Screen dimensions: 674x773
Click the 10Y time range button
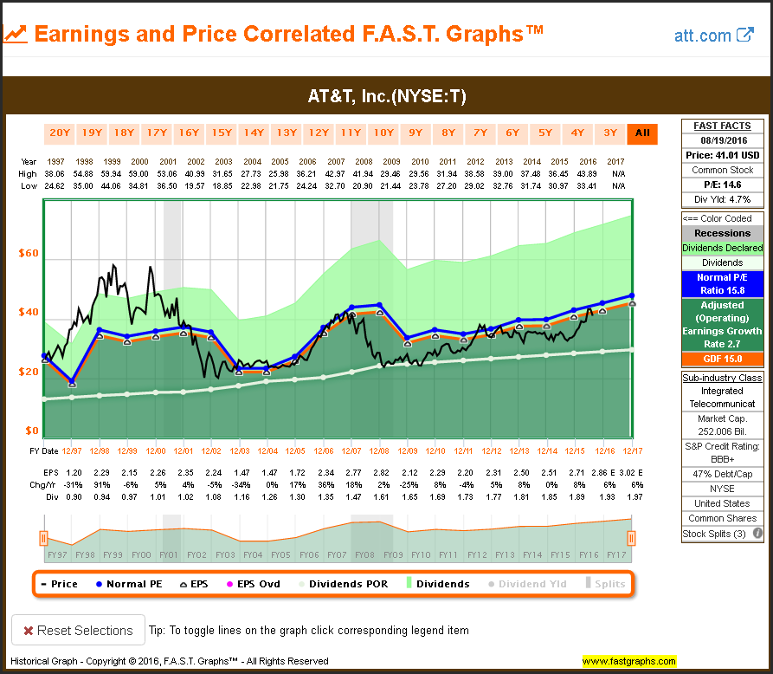coord(383,133)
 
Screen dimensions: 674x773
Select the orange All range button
coord(641,133)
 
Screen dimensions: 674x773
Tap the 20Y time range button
coord(60,133)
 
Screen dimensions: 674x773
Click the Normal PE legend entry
coord(132,584)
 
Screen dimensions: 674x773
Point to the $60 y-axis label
coord(29,254)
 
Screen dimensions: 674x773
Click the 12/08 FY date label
coord(379,451)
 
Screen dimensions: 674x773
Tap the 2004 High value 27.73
coord(253,173)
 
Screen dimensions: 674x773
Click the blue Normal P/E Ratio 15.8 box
coord(723,283)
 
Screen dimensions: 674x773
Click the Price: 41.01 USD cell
coord(723,155)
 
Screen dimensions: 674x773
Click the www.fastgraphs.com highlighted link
coord(628,661)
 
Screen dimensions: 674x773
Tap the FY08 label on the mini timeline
coord(364,555)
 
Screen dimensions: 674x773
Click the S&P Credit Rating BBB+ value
coord(723,459)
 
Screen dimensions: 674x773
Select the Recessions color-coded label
coord(723,233)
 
